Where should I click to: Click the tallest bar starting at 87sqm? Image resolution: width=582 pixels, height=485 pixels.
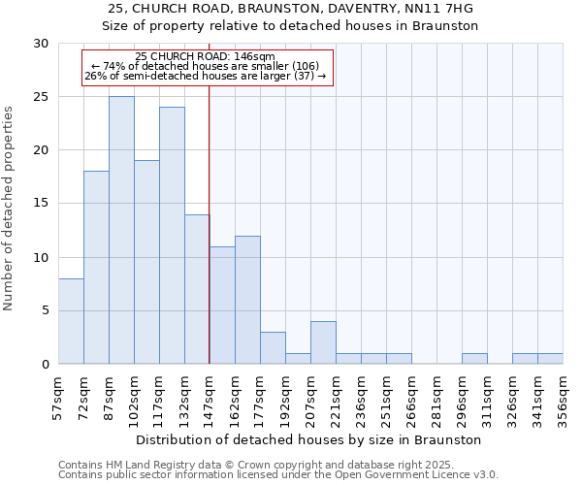(x=121, y=230)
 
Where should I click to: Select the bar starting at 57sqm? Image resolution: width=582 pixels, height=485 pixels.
(x=71, y=321)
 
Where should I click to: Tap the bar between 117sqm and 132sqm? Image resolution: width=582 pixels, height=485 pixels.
(x=172, y=235)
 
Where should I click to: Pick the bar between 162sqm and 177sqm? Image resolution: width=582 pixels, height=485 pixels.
(x=247, y=300)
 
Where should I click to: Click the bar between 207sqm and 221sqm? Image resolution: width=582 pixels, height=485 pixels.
(x=323, y=342)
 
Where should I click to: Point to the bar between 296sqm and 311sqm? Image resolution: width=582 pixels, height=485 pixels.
(x=474, y=359)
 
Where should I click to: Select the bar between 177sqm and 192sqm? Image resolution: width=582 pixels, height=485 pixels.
(x=273, y=348)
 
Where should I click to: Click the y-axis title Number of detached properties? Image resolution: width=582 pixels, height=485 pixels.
(x=10, y=209)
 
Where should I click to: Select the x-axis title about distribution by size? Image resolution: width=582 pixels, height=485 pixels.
(x=308, y=439)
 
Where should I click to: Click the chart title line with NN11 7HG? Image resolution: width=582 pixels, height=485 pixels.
(x=290, y=9)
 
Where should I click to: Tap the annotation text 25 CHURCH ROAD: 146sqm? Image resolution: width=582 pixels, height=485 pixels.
(x=206, y=57)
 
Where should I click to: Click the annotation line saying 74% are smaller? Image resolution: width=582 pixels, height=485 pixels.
(x=206, y=66)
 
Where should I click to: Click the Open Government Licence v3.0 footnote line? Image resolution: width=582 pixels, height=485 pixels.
(x=278, y=475)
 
